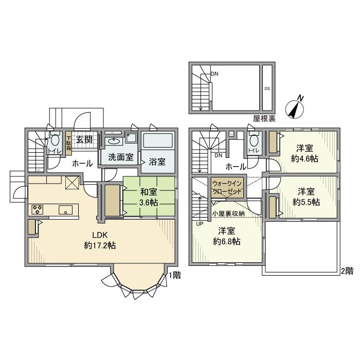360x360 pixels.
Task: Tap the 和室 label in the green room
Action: click(x=149, y=193)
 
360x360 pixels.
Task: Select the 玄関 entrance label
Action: click(x=84, y=139)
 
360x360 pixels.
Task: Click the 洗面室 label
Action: click(x=121, y=158)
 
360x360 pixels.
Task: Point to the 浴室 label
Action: click(x=157, y=161)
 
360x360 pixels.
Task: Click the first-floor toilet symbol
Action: click(x=55, y=142)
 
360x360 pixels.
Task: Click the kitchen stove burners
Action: click(x=39, y=209)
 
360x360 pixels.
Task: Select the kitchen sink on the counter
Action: click(x=65, y=209)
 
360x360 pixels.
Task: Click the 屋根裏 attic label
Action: click(x=264, y=118)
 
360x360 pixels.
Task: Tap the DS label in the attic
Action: click(x=267, y=88)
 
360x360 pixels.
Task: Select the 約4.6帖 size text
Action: click(x=304, y=158)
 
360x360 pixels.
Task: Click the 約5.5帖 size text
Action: click(x=306, y=202)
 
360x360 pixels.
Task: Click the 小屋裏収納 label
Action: click(x=228, y=213)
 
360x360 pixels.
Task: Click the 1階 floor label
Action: click(x=175, y=275)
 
